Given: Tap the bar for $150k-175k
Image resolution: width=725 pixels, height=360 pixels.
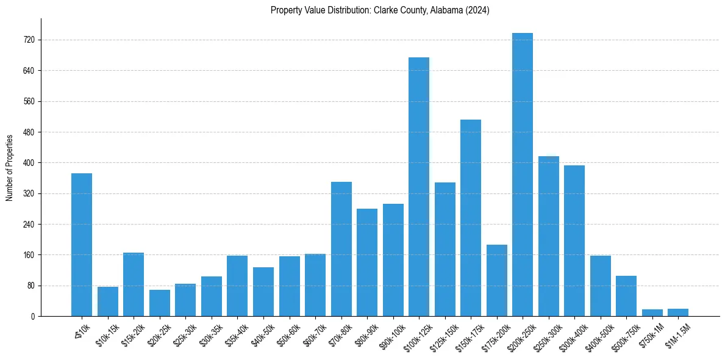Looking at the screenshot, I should (471, 218).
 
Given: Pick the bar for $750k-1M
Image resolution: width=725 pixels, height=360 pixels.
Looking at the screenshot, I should (652, 312).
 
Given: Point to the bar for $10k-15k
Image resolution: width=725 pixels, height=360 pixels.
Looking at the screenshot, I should (108, 301).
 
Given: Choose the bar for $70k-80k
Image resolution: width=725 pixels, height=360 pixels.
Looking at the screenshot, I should (341, 249).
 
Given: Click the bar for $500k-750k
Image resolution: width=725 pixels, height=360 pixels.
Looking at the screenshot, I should (626, 296).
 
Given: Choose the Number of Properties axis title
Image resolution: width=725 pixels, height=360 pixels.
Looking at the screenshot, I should (9, 167).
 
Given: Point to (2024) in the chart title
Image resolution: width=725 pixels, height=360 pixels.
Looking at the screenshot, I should (476, 10).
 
